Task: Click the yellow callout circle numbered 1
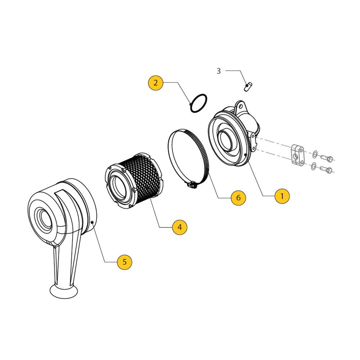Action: [x=282, y=196]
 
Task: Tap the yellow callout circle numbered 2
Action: [x=156, y=83]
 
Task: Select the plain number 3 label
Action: [x=219, y=71]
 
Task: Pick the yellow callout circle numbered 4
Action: [x=180, y=227]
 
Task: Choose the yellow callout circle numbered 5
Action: [x=125, y=262]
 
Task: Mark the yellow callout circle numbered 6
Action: [x=238, y=198]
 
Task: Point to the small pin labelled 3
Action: [x=248, y=86]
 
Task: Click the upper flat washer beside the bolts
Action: [x=315, y=154]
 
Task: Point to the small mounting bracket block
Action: [x=297, y=154]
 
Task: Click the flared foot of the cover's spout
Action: [x=64, y=291]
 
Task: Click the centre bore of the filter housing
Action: [x=226, y=139]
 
